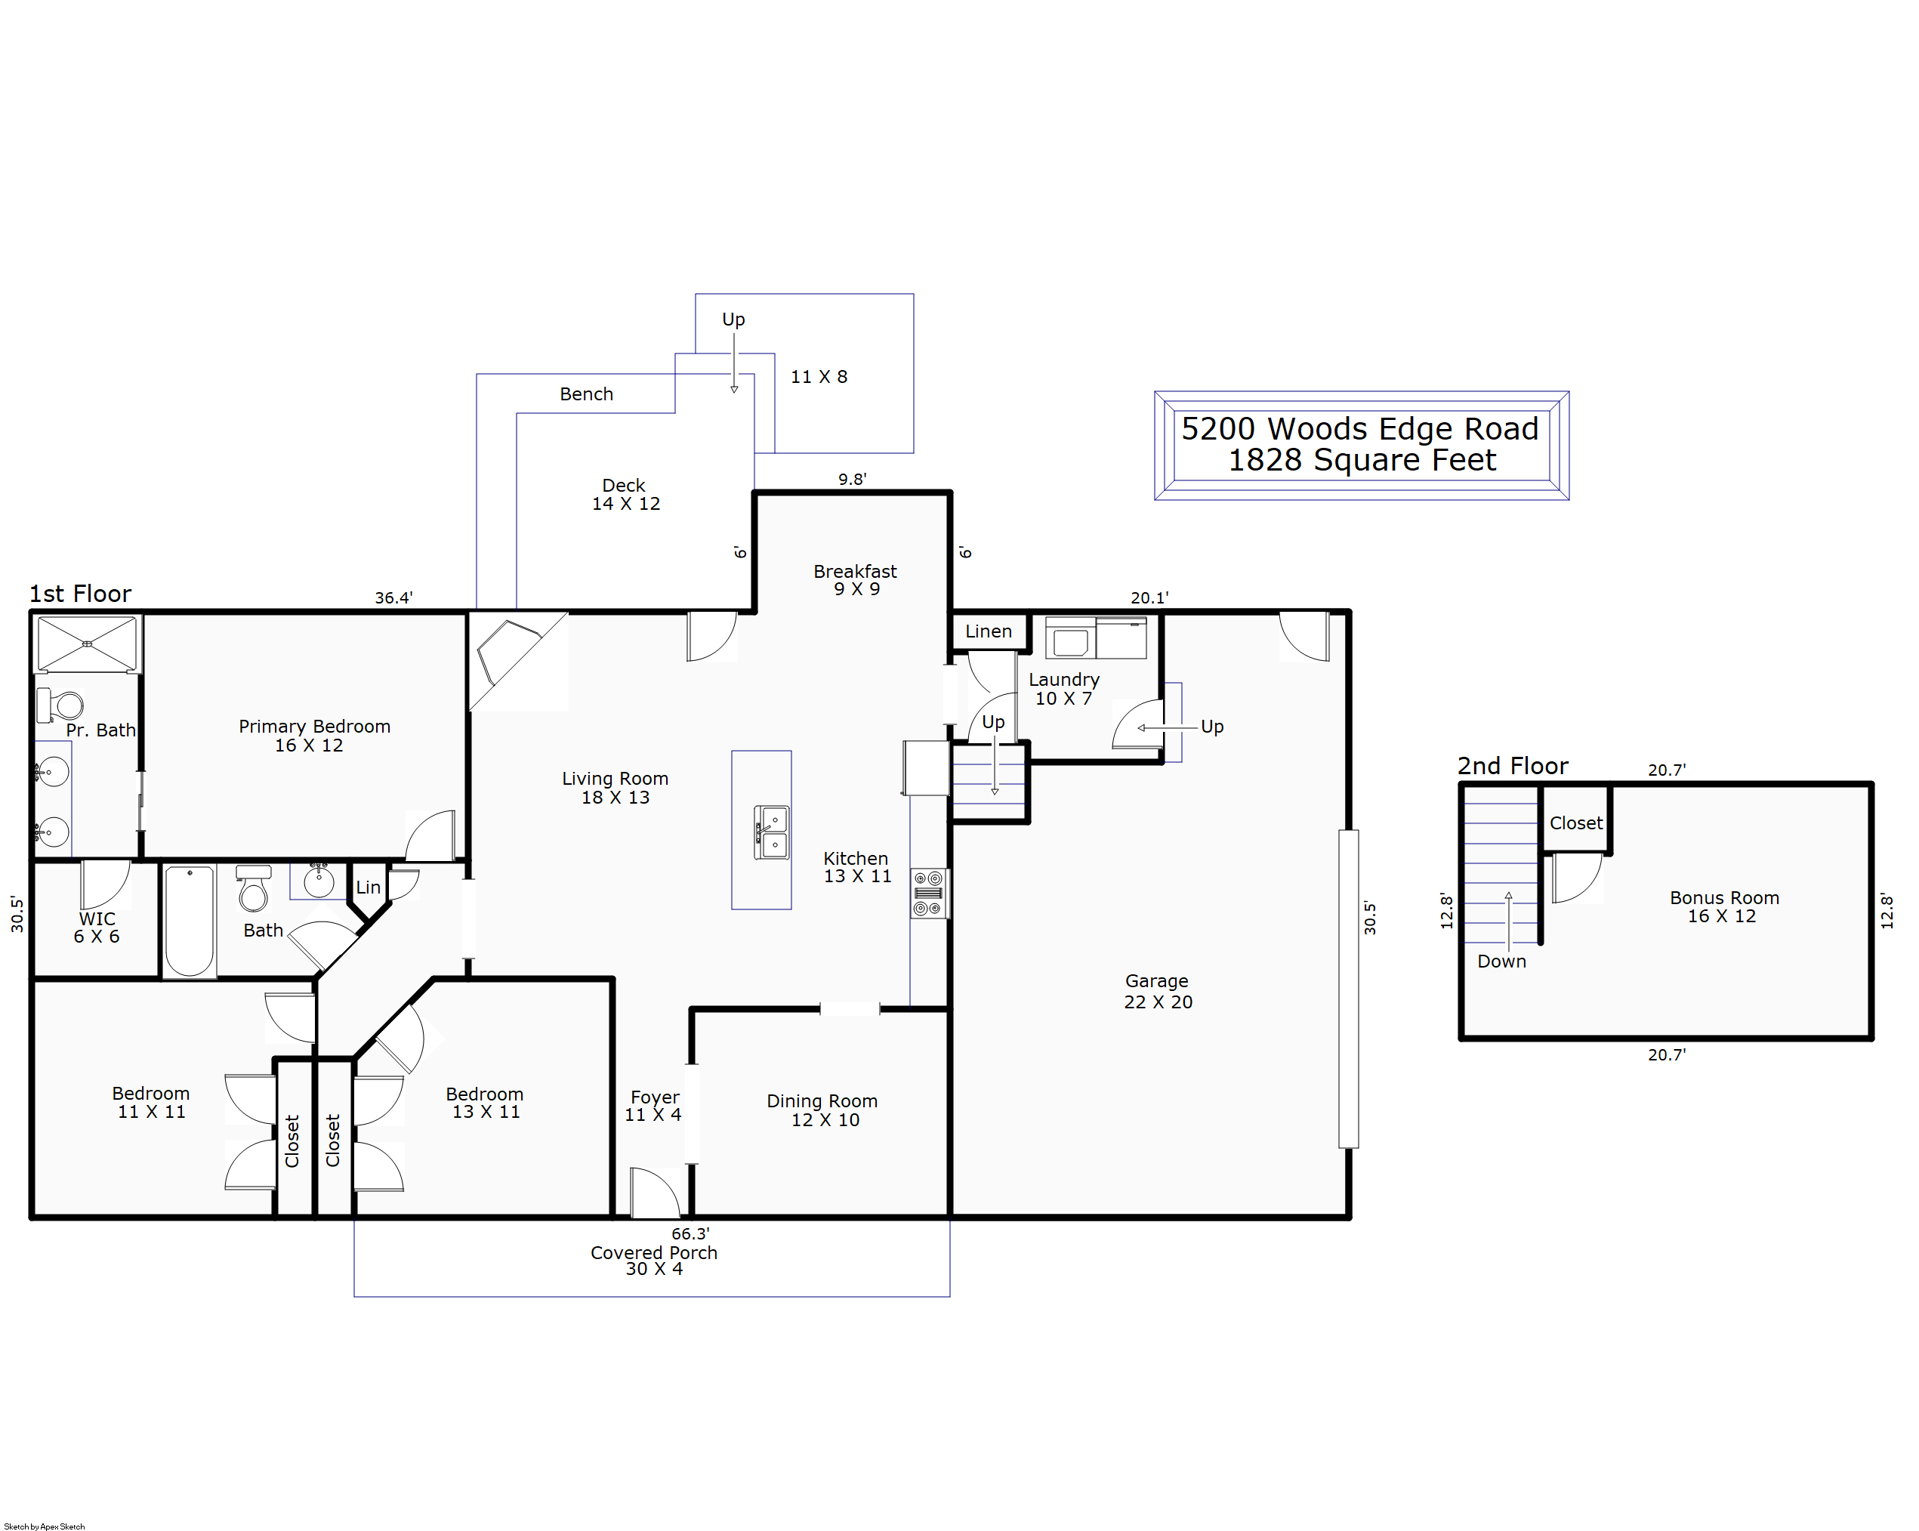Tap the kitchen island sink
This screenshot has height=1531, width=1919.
click(x=772, y=832)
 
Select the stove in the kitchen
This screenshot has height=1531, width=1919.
click(x=928, y=894)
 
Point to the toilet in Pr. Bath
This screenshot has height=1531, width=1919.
click(x=60, y=706)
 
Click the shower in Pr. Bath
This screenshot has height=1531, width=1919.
click(x=88, y=644)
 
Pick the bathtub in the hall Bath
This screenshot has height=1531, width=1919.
click(x=190, y=921)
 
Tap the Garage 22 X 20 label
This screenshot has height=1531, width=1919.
click(x=1157, y=992)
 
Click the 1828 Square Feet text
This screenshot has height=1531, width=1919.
click(x=1362, y=460)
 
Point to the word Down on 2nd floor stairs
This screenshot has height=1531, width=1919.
click(x=1501, y=962)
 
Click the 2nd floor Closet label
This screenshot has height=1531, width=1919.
click(x=1576, y=823)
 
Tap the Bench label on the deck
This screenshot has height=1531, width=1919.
click(x=587, y=394)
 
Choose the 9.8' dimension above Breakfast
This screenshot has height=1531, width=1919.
click(x=852, y=479)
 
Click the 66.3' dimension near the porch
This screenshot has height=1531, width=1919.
click(x=691, y=1233)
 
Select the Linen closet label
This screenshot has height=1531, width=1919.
click(x=989, y=631)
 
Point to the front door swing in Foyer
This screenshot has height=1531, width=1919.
click(x=655, y=1193)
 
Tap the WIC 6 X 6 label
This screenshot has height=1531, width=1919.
click(x=96, y=928)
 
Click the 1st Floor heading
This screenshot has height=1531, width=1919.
click(x=80, y=594)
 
